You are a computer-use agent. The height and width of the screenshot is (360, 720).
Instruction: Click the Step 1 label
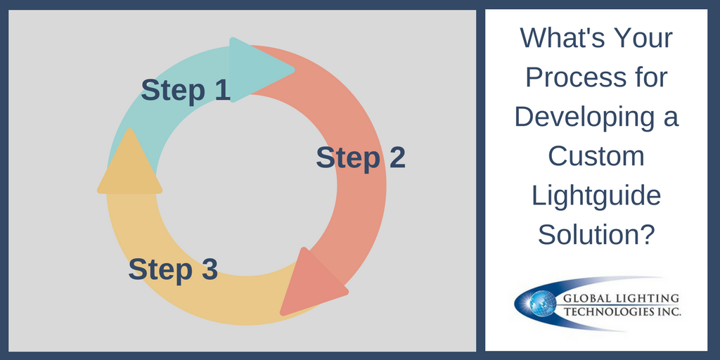tap(186, 91)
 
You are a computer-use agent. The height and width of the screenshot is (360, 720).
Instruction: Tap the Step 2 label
tap(360, 157)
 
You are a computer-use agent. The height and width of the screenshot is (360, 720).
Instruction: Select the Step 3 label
tap(173, 269)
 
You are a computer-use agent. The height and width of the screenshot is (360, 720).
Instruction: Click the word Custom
tap(596, 155)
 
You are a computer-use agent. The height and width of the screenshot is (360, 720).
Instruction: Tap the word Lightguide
tap(596, 195)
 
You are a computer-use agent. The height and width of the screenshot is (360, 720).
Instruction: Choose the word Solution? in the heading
tap(596, 234)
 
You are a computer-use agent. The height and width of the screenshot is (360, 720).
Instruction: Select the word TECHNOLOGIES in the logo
tap(610, 311)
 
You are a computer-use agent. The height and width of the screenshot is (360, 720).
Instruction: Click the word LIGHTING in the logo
tap(641, 299)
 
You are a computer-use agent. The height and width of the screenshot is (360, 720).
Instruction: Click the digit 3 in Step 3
tap(208, 269)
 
